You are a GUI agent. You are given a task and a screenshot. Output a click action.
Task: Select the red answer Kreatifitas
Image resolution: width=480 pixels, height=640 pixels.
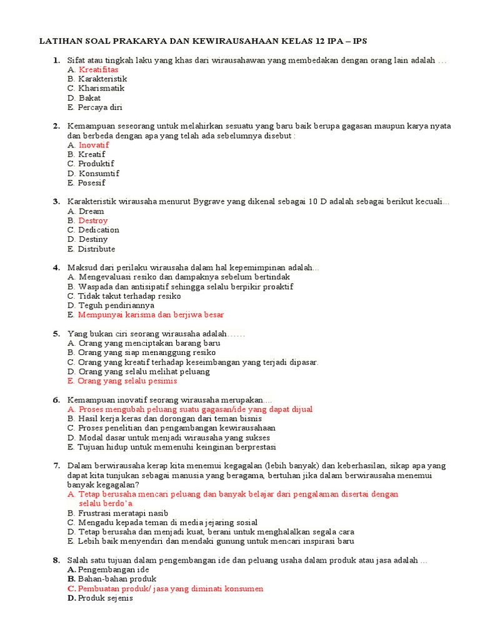(98, 69)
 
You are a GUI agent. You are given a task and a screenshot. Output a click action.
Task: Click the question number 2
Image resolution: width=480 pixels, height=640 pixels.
(56, 126)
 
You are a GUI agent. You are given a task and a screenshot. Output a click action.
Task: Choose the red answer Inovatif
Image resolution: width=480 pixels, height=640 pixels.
(94, 145)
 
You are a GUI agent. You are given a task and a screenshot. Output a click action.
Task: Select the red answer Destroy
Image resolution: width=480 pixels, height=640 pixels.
(93, 221)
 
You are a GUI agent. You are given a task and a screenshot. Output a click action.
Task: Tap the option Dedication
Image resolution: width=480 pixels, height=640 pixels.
(99, 230)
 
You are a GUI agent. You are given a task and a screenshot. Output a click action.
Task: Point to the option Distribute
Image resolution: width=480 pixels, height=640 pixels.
(97, 249)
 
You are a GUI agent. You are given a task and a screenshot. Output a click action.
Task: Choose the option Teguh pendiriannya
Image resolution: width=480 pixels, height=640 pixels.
(116, 306)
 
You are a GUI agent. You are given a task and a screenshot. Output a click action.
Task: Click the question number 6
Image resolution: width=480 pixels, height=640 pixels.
(56, 399)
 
